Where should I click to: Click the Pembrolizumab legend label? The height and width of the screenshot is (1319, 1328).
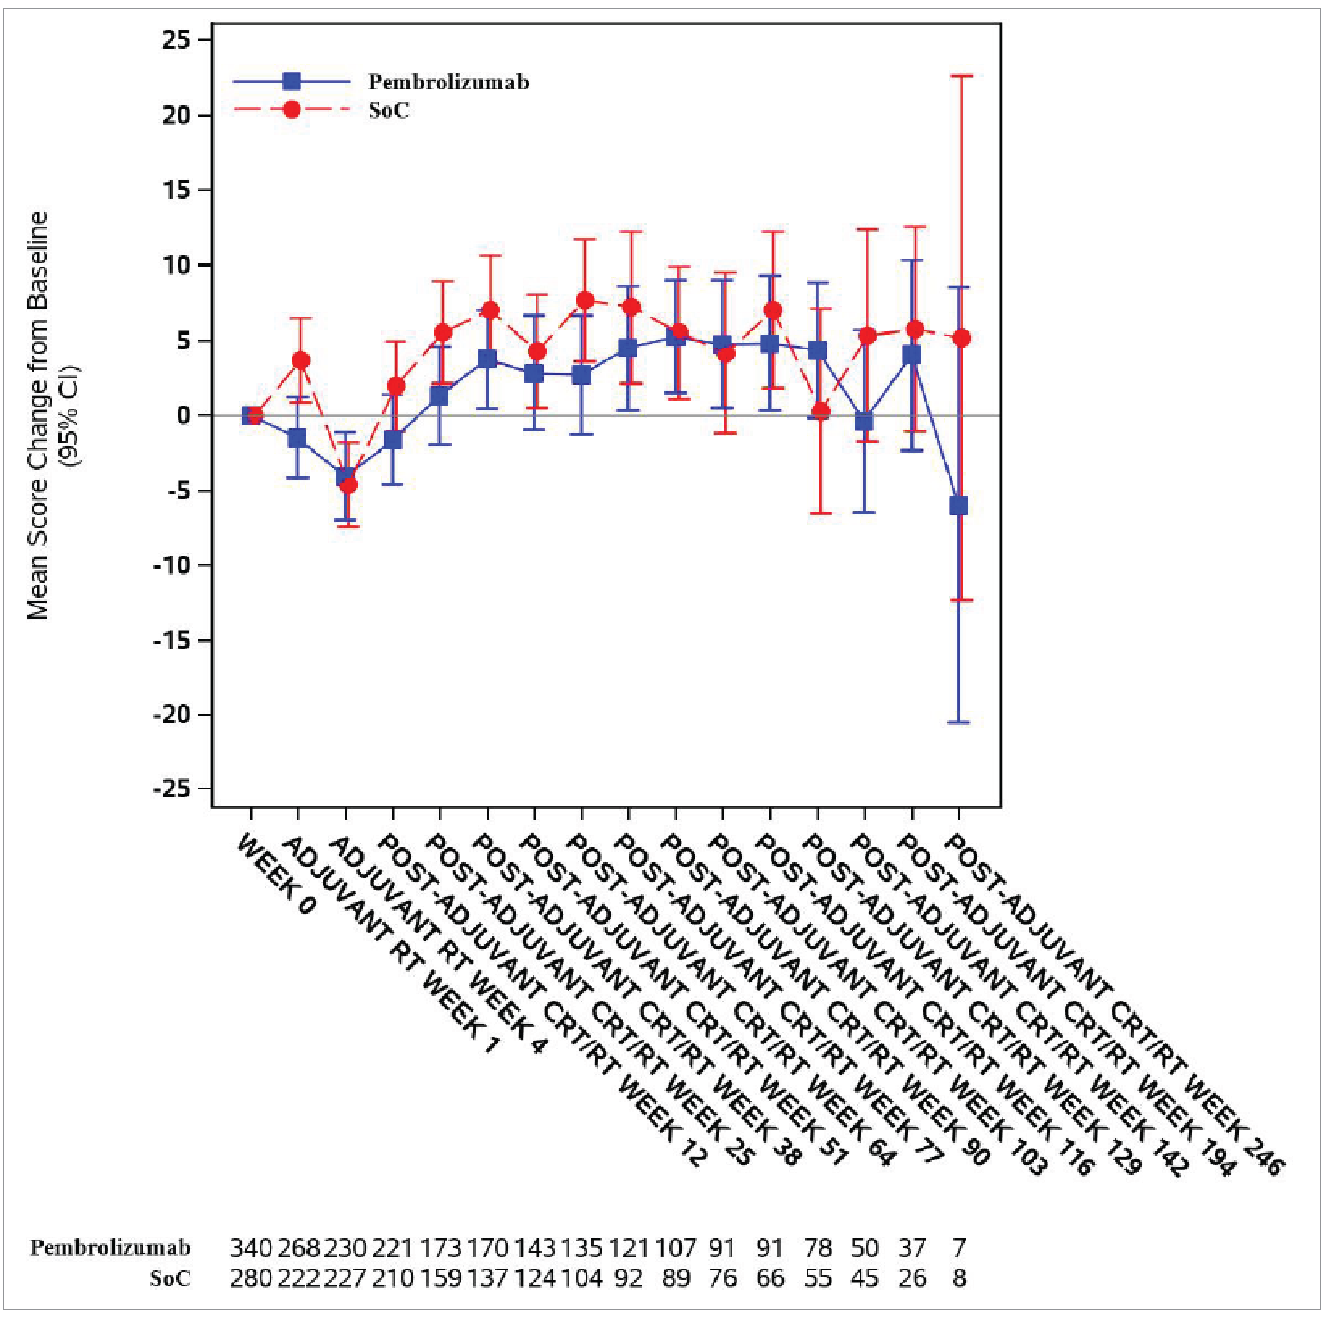[x=448, y=82]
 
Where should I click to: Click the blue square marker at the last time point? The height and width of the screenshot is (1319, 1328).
[x=958, y=506]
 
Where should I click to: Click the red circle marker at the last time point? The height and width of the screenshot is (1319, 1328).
[x=961, y=338]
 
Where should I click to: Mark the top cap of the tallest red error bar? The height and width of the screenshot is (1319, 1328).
[x=961, y=76]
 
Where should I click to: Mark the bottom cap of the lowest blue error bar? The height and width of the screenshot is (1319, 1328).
[x=958, y=723]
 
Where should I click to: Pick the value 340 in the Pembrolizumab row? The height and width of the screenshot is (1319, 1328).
[x=251, y=1247]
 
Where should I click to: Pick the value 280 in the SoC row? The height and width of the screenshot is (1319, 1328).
[x=251, y=1278]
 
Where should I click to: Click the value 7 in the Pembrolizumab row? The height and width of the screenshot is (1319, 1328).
[x=960, y=1247]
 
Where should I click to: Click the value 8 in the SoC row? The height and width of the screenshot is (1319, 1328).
[x=960, y=1278]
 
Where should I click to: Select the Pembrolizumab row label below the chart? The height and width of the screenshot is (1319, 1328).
[x=110, y=1247]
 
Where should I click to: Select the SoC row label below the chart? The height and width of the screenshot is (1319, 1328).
[x=170, y=1278]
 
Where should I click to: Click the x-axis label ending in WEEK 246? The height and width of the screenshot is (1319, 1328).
[x=1114, y=1004]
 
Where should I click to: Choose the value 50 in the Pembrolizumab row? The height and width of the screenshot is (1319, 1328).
[x=865, y=1247]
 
